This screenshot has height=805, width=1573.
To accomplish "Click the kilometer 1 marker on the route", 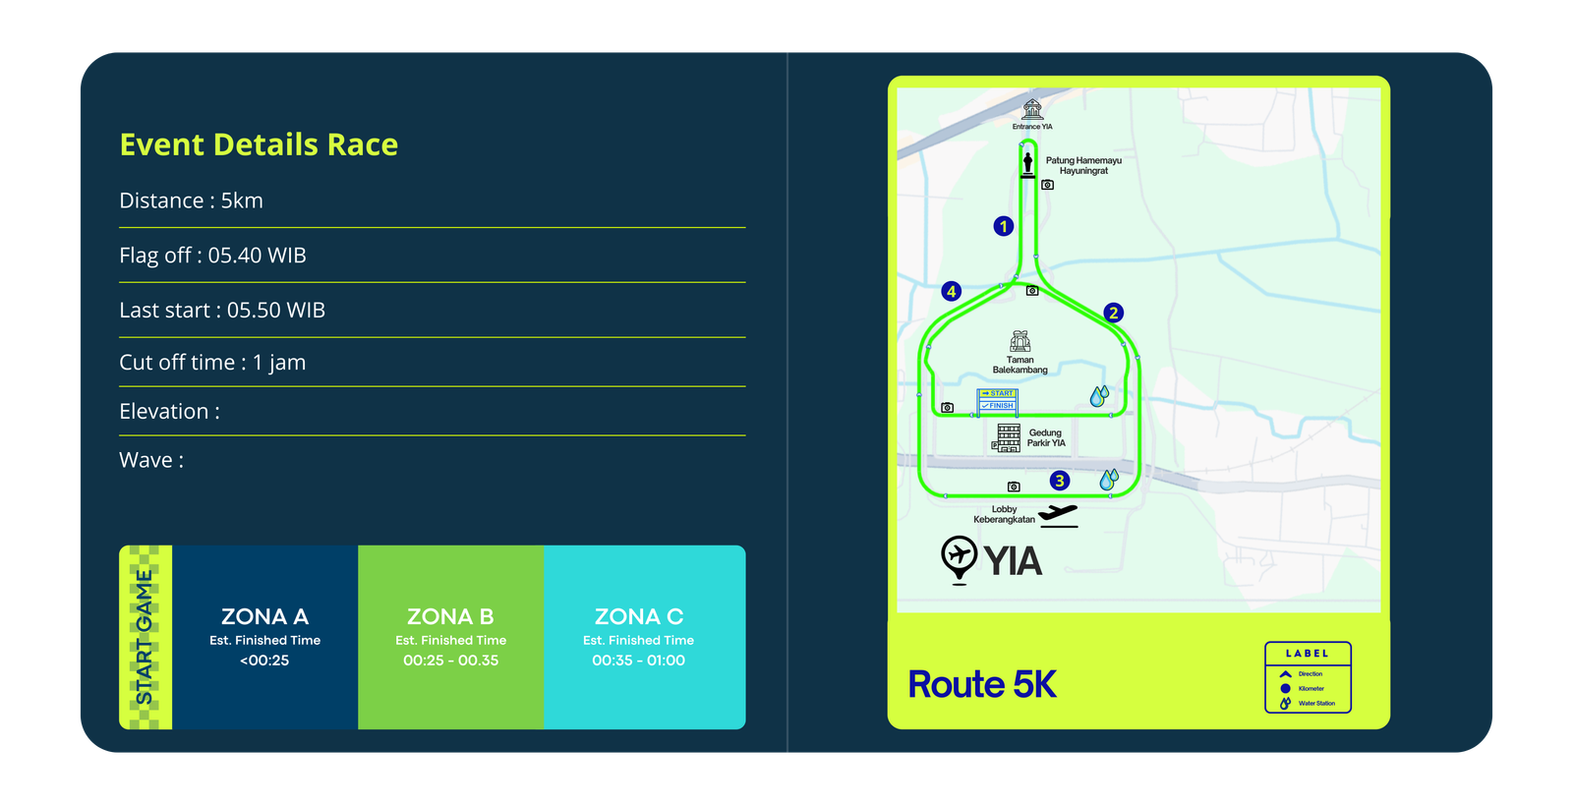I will coord(1003,226).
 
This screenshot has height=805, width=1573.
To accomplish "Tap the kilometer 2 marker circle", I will coord(1113,313).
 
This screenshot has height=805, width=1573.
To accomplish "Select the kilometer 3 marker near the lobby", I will coord(1059,481).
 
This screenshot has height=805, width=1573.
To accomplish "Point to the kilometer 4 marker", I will coord(951,291).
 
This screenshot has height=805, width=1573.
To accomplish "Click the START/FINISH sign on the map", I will coord(997,400).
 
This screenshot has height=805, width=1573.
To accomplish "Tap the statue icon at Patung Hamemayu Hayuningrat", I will coord(1027,163).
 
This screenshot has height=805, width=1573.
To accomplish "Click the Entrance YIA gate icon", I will coord(1032,109).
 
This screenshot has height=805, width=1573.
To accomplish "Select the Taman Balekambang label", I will coord(1020,365).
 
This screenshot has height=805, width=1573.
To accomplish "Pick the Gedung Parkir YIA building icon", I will coord(1008,437).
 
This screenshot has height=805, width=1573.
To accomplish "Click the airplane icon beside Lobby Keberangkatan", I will coord(1058,514).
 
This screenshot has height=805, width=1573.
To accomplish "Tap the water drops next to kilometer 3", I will coord(1109,480).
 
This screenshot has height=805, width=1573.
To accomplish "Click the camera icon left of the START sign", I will coord(947,407).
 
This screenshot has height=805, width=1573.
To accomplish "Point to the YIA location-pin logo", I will coord(959,559).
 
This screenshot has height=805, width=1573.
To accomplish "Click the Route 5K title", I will coord(981,684).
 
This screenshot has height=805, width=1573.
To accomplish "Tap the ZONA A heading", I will coord(264,616).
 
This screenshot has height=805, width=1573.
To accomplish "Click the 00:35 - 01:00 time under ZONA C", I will coord(638,661).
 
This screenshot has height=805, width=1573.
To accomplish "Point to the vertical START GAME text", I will coord(145,637).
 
